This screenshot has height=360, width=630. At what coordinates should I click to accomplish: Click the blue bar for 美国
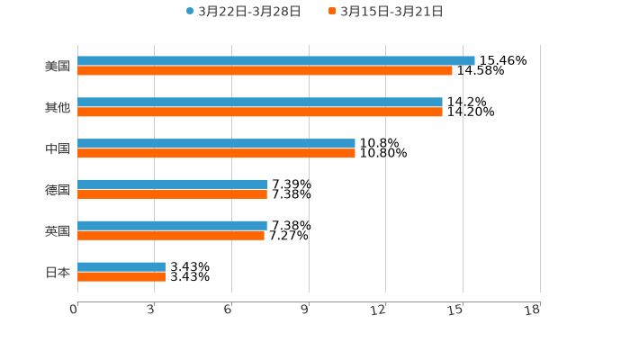(x=276, y=60)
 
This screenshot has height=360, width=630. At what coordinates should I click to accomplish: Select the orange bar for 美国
(x=265, y=70)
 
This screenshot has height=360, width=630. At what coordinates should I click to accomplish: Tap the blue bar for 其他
(x=260, y=102)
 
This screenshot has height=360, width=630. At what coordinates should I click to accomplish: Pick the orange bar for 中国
(x=216, y=154)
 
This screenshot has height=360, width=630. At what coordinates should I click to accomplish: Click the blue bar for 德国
(x=172, y=184)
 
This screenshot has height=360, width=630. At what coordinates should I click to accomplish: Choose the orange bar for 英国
(x=171, y=236)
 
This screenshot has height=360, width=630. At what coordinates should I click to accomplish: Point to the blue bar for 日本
(x=121, y=266)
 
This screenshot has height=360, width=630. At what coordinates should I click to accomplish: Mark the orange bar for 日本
(x=121, y=277)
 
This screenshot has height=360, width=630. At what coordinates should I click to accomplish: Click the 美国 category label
(x=58, y=66)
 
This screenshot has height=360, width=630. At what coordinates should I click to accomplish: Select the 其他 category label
(x=58, y=107)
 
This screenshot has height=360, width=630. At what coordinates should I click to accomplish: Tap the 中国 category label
(x=58, y=148)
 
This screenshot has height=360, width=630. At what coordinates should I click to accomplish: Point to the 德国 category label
(x=58, y=190)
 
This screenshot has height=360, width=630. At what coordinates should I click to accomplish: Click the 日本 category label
(x=58, y=272)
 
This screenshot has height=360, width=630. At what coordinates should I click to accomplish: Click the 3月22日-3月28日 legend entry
(x=243, y=11)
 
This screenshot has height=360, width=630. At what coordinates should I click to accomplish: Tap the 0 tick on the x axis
(x=74, y=310)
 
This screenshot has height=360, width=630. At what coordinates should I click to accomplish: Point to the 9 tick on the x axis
(x=305, y=310)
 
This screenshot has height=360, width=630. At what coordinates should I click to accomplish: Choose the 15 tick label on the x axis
(x=456, y=310)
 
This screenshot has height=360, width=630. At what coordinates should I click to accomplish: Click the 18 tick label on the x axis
(x=533, y=310)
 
